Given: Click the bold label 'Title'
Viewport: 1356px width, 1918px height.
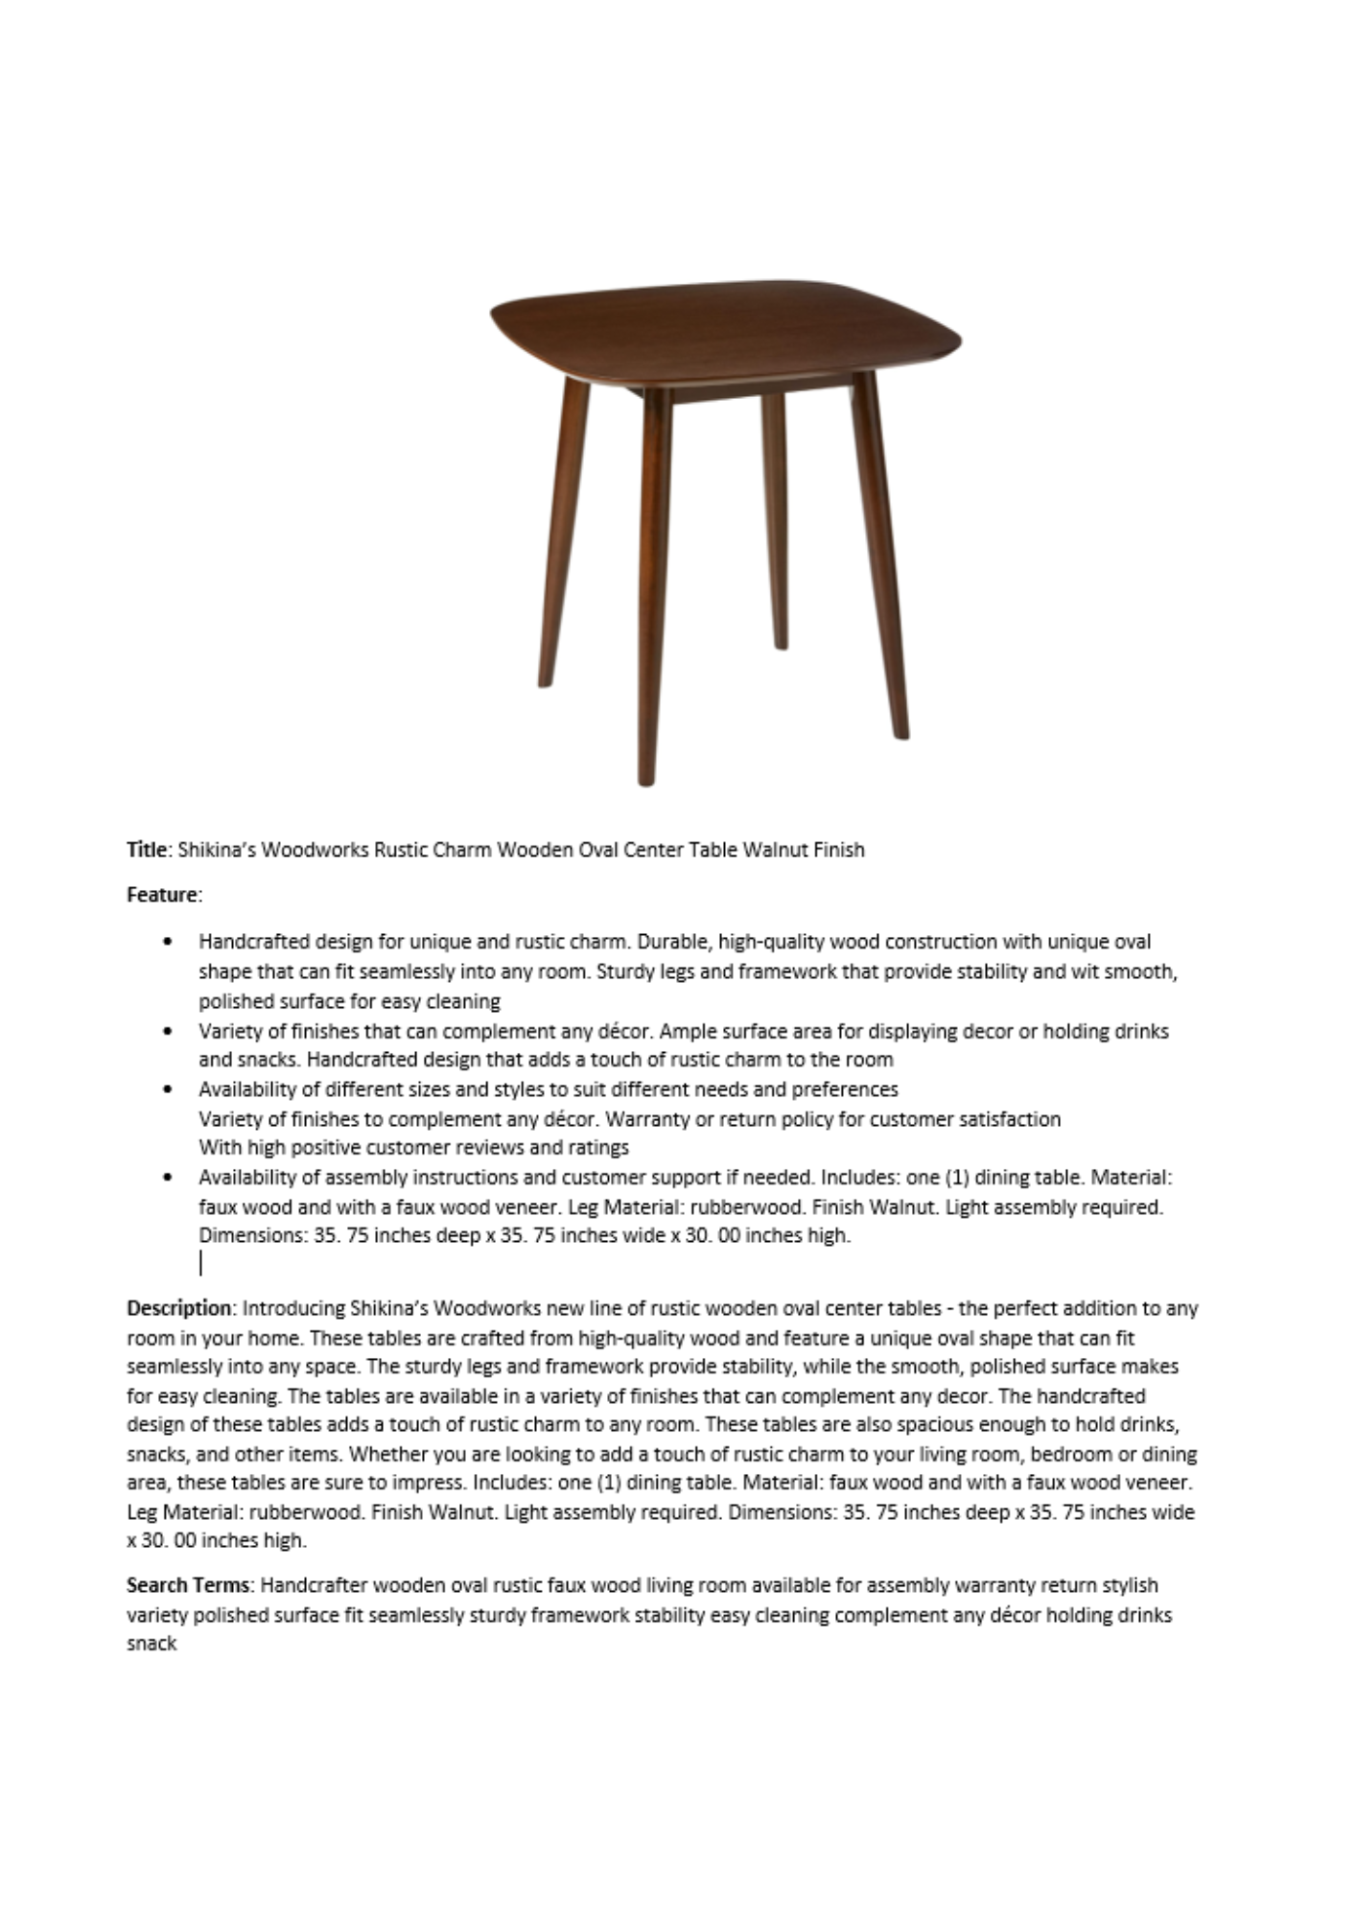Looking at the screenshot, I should pyautogui.click(x=147, y=850).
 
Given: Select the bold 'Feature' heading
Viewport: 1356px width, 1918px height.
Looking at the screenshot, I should pyautogui.click(x=162, y=895).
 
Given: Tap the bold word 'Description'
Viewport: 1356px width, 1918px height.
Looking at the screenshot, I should pyautogui.click(x=179, y=1308).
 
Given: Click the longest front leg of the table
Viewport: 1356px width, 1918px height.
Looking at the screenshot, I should pyautogui.click(x=654, y=585).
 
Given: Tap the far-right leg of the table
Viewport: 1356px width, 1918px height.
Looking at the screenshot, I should pyautogui.click(x=880, y=556).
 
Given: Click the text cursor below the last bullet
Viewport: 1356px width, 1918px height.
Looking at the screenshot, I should pyautogui.click(x=200, y=1263).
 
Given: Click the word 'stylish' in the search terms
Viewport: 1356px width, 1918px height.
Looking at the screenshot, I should pyautogui.click(x=1129, y=1585).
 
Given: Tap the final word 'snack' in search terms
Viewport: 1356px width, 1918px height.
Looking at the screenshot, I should pyautogui.click(x=152, y=1644).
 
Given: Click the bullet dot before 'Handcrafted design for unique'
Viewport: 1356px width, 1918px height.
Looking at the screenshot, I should pyautogui.click(x=170, y=942).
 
